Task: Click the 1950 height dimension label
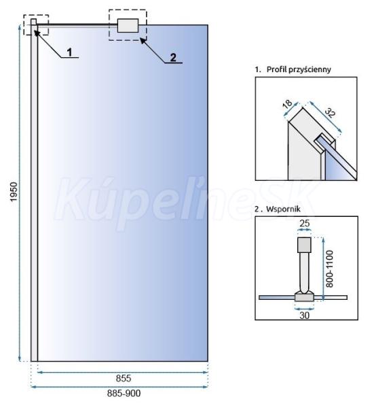(x=14, y=192)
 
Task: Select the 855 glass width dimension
(x=124, y=378)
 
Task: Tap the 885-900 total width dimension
(x=124, y=393)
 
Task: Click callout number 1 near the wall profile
(x=69, y=52)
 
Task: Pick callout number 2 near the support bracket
(x=173, y=58)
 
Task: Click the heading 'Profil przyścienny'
(x=299, y=69)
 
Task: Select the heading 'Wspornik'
(x=283, y=209)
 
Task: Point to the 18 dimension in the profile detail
(x=288, y=104)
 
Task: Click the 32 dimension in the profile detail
(x=330, y=112)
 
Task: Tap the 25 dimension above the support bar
(x=305, y=223)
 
